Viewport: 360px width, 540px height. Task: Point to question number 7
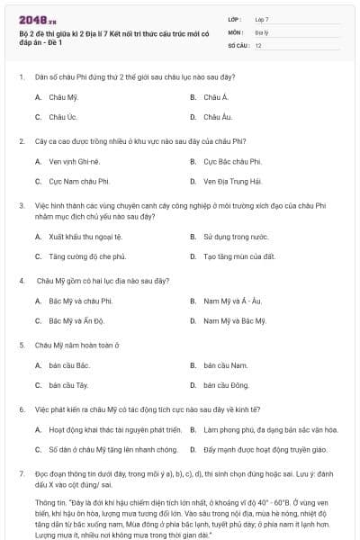click(21, 472)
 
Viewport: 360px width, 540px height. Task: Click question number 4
click(21, 280)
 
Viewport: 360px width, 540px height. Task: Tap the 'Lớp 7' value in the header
click(262, 19)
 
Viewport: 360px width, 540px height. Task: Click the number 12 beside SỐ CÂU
click(258, 44)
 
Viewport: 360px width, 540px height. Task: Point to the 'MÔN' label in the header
click(236, 31)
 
